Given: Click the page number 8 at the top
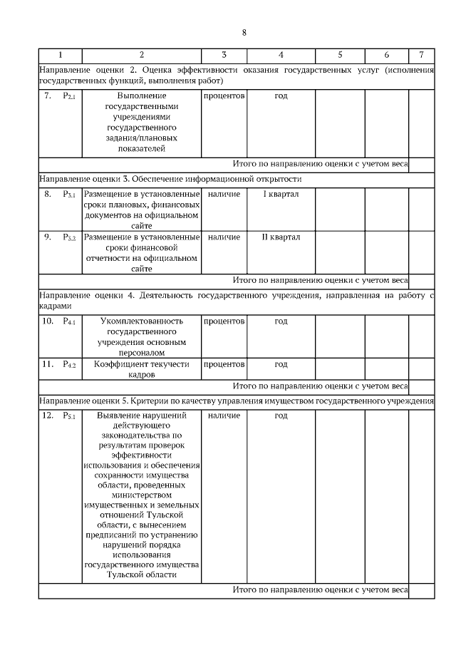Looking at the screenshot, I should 244,33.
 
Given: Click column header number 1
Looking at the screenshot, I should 60,55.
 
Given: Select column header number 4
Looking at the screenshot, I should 281,55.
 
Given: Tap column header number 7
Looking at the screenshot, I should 421,55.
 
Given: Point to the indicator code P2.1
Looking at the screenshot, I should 70,96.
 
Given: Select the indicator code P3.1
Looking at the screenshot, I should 70,195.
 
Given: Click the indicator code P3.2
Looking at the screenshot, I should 70,237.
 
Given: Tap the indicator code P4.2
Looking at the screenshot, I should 70,364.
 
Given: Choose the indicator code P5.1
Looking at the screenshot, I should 70,416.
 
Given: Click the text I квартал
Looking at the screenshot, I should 281,194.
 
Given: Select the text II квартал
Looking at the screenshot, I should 281,237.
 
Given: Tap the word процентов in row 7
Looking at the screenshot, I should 224,96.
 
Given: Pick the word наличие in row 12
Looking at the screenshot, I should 224,415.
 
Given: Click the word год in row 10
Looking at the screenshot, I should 281,321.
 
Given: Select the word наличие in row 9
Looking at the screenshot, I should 224,237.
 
